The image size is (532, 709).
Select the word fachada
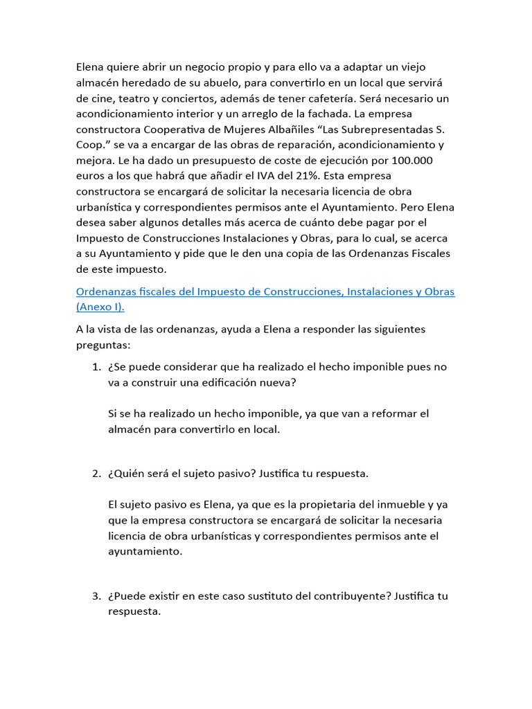[x=369, y=113]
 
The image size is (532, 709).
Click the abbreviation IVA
[x=295, y=175]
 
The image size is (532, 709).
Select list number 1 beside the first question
[x=97, y=367]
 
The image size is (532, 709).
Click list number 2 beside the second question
[x=97, y=474]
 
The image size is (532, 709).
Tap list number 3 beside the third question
[x=97, y=596]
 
